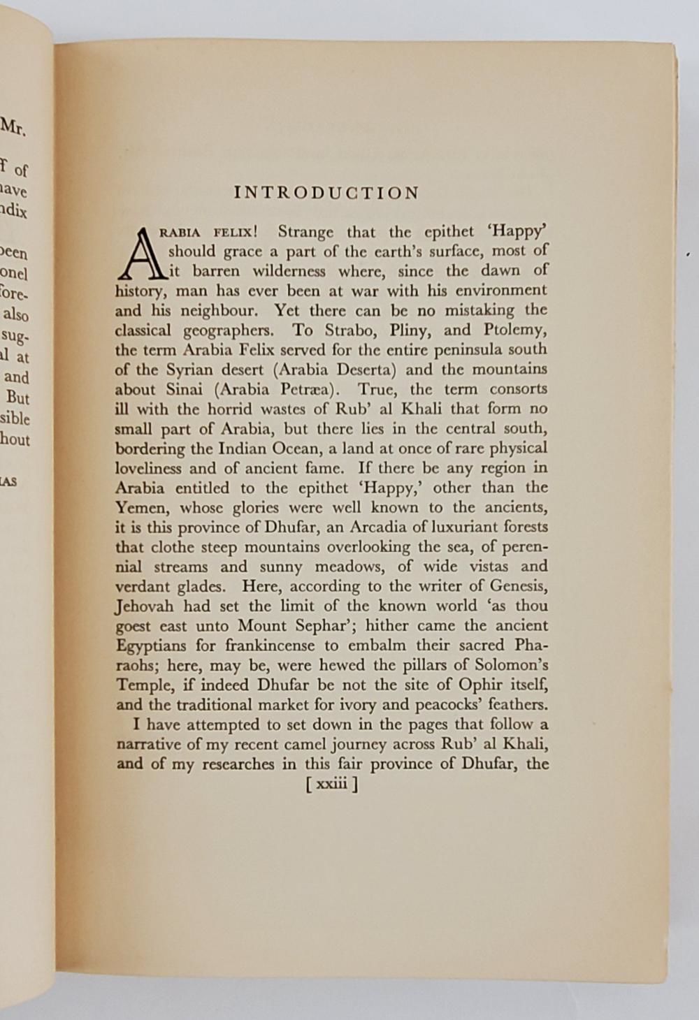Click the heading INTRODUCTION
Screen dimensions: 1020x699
pos(326,193)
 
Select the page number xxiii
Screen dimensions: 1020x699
pos(332,785)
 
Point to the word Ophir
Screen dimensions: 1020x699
pos(482,685)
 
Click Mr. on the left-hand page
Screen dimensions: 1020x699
pos(14,128)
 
